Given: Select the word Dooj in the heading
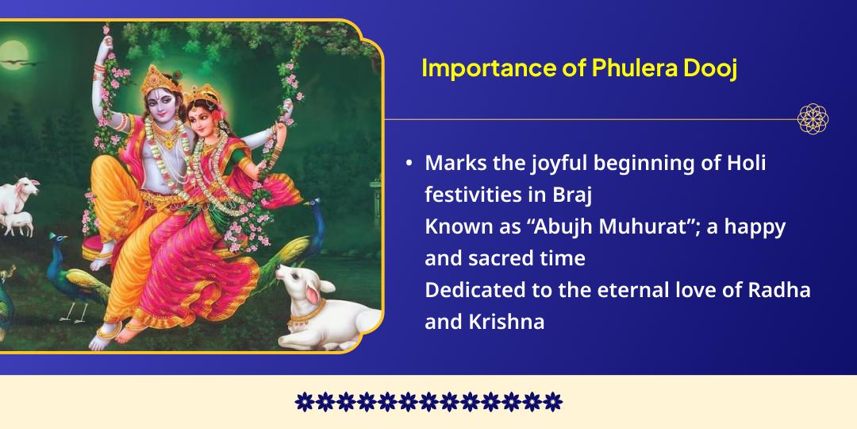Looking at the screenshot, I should [x=710, y=68].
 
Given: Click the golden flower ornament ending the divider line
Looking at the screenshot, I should [x=813, y=119].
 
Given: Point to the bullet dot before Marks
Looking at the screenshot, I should [x=409, y=163].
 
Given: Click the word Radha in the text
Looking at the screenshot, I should [x=779, y=290].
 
